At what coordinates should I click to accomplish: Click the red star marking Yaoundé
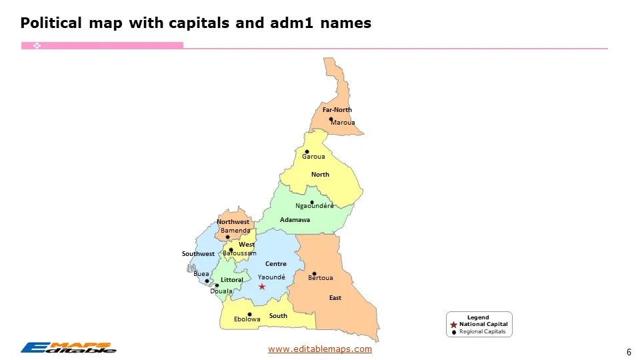coord(262,287)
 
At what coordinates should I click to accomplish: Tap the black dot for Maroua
coord(331,119)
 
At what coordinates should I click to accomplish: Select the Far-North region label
coord(337,109)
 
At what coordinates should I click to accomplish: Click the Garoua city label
coord(313,157)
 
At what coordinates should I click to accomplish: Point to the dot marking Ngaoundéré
coord(311,202)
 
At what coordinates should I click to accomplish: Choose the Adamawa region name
coord(295,220)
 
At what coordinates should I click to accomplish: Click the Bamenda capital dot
coord(227,237)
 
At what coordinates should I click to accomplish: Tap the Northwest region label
coord(233,222)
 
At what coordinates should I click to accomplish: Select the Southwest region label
coord(198,254)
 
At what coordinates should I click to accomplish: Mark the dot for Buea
coord(207,281)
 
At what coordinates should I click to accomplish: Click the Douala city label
coord(221,291)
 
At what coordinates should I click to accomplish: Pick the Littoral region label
coord(231,280)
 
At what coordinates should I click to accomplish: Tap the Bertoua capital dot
coord(314,273)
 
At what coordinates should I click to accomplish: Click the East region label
coord(335,298)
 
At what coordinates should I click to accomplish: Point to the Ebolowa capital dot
coord(249,314)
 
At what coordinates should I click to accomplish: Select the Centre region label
coord(275,264)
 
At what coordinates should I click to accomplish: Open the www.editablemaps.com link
coord(319,349)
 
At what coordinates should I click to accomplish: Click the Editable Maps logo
coord(68,347)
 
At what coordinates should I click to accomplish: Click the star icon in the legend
coord(454,324)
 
